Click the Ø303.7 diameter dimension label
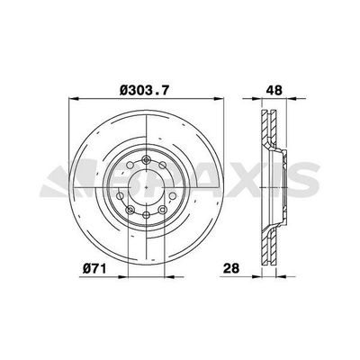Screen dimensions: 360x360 tap(145, 90)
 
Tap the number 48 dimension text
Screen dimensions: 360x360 tap(274, 90)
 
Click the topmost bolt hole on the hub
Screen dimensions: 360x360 tap(147, 159)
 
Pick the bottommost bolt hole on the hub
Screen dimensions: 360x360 tap(147, 215)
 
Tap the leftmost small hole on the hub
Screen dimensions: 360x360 tap(120, 196)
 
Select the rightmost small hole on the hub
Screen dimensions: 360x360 tap(173, 196)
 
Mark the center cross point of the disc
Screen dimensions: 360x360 tap(147, 187)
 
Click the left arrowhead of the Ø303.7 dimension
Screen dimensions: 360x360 tap(74, 98)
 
